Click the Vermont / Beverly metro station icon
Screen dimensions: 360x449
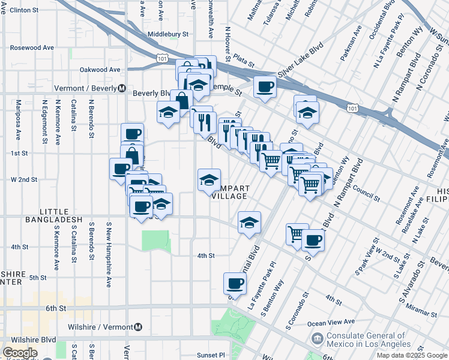point(121,88)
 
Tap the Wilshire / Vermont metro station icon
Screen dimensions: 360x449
point(138,327)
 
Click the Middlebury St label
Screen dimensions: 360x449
point(167,35)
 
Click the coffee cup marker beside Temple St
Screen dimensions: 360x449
point(265,87)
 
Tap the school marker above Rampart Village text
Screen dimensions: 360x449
point(209,180)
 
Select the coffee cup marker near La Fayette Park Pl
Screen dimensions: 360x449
point(235,283)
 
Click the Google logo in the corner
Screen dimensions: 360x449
point(20,353)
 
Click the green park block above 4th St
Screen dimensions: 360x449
point(156,241)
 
